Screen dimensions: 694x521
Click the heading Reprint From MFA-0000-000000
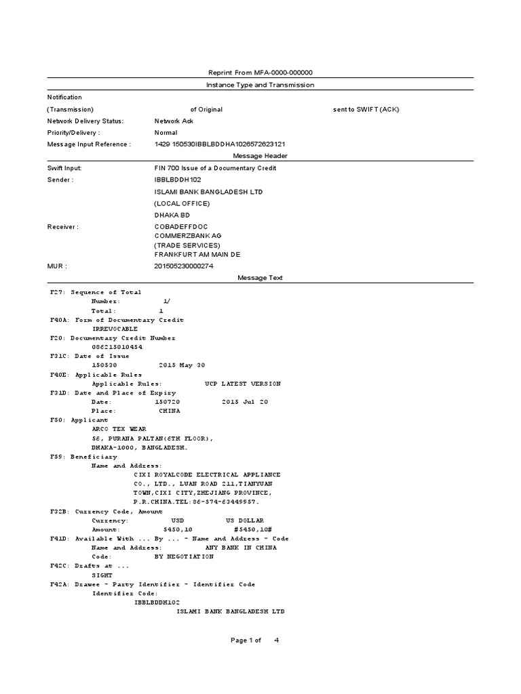tap(260, 73)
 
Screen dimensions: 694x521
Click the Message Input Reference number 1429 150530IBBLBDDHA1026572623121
tap(220, 144)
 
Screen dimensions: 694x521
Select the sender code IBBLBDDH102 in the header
tap(178, 180)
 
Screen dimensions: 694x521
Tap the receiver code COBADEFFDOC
tap(181, 227)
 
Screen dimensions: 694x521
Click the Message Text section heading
tap(260, 278)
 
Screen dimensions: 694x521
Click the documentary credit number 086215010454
tap(117, 347)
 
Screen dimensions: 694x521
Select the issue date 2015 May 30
tap(182, 365)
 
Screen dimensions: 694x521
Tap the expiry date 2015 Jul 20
tap(245, 402)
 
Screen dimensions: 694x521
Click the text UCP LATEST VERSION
tap(242, 384)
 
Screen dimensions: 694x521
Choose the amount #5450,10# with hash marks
tap(253, 529)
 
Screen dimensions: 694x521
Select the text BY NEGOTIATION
tap(184, 556)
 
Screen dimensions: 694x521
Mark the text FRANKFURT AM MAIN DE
tap(197, 254)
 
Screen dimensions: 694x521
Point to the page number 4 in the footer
tap(276, 640)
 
